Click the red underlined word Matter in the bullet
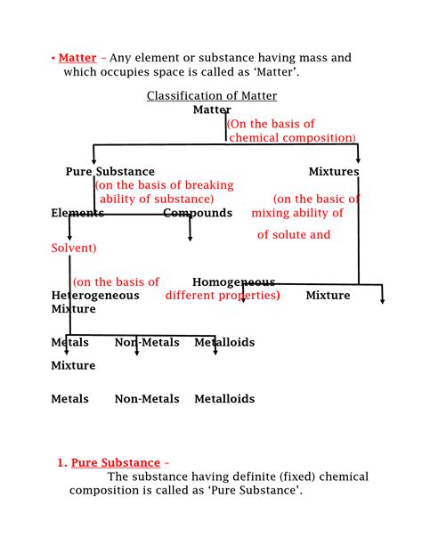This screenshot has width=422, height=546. (x=77, y=59)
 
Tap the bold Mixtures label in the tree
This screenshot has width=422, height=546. (x=334, y=172)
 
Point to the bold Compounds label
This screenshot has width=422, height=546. (x=198, y=214)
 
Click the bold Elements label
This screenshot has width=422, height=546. (x=77, y=214)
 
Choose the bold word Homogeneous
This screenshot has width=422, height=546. (x=233, y=282)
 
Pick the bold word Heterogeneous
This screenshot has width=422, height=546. (x=95, y=296)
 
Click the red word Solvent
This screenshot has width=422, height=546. (x=72, y=248)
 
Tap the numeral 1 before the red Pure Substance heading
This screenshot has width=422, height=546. (x=61, y=463)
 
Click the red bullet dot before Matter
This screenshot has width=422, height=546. (x=53, y=59)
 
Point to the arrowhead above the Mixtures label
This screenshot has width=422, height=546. (x=358, y=159)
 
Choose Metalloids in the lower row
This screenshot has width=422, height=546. (x=224, y=399)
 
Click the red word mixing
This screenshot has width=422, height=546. (x=275, y=214)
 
